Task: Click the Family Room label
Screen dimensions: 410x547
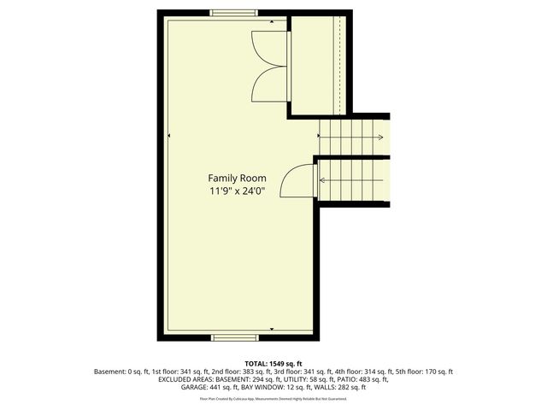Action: coord(237,178)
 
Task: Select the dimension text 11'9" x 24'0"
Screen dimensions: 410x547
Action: coord(237,191)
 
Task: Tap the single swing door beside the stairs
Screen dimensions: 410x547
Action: coord(299,182)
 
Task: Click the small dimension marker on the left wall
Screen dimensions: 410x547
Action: coord(169,135)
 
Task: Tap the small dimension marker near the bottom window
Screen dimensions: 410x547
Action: coord(272,329)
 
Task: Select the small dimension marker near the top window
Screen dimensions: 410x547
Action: coord(272,20)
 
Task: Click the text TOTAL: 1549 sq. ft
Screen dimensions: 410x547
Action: coord(273,363)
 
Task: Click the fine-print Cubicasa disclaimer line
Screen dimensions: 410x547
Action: coord(273,398)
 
